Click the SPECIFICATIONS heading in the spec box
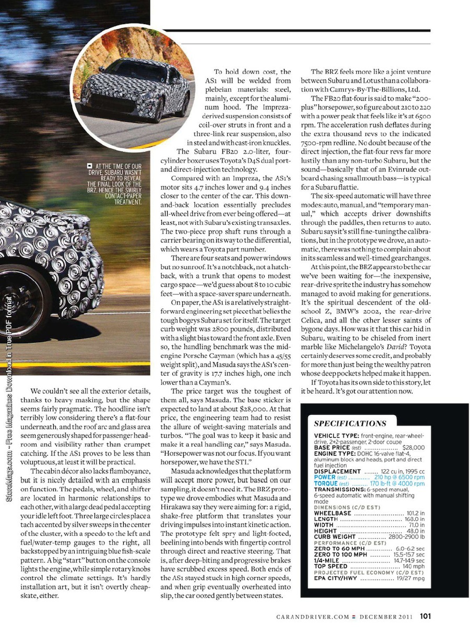(350, 423)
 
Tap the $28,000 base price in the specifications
(414, 448)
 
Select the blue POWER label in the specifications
(325, 477)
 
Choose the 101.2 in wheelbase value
(415, 513)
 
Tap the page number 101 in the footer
(425, 616)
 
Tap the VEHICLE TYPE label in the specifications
(336, 436)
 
